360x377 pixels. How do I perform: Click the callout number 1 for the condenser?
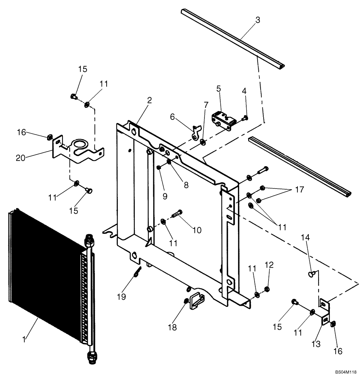24,339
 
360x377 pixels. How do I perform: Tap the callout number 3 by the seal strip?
257,20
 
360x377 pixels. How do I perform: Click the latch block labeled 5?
224,121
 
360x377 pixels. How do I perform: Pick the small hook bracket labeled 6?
195,132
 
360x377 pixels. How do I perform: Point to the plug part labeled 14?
311,273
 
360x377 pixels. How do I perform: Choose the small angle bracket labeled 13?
324,312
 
